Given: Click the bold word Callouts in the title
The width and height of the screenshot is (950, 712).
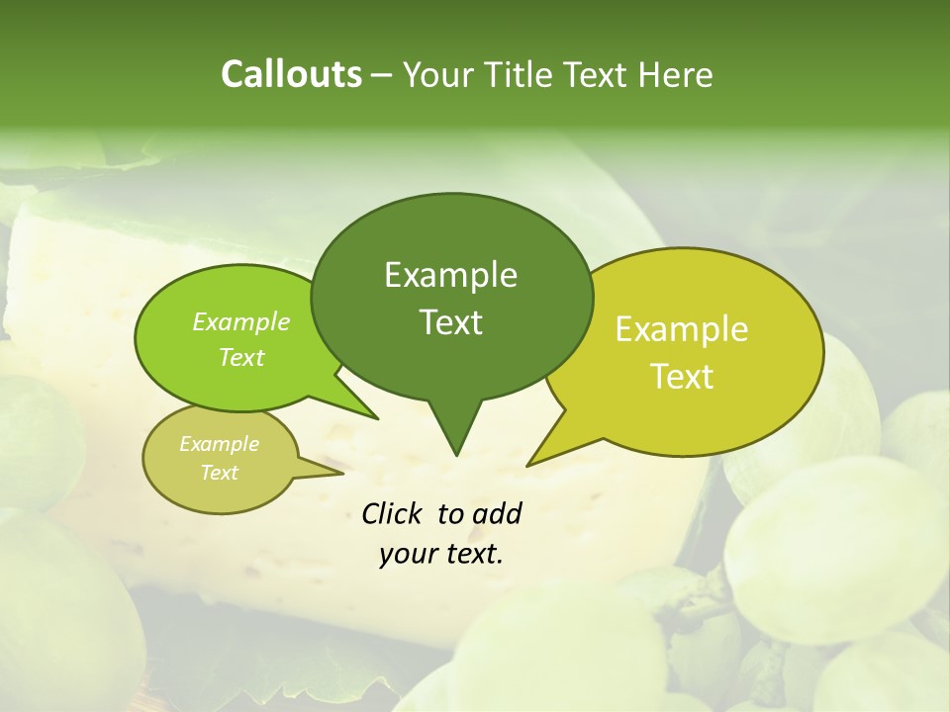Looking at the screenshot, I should pyautogui.click(x=291, y=74).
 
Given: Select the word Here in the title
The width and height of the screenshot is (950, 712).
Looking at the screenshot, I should pyautogui.click(x=678, y=74).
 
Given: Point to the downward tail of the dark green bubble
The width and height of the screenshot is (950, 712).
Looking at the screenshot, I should pyautogui.click(x=455, y=430).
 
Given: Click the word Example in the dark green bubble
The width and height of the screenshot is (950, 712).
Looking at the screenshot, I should pyautogui.click(x=450, y=275).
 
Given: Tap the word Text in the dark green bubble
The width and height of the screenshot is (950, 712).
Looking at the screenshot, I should pyautogui.click(x=451, y=322).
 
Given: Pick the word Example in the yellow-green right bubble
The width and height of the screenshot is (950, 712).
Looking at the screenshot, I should pyautogui.click(x=682, y=329).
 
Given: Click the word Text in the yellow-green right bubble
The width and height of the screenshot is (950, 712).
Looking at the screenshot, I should pyautogui.click(x=683, y=377).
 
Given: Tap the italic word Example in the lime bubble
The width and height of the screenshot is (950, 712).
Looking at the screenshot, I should pyautogui.click(x=241, y=321).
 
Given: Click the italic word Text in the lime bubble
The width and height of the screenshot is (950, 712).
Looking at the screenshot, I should pyautogui.click(x=241, y=357).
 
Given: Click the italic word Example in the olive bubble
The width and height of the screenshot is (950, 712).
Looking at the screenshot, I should pyautogui.click(x=219, y=444).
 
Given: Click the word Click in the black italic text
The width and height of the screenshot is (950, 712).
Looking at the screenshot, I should pyautogui.click(x=392, y=513).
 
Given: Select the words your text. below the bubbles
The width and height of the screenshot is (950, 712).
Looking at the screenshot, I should pyautogui.click(x=441, y=554).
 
